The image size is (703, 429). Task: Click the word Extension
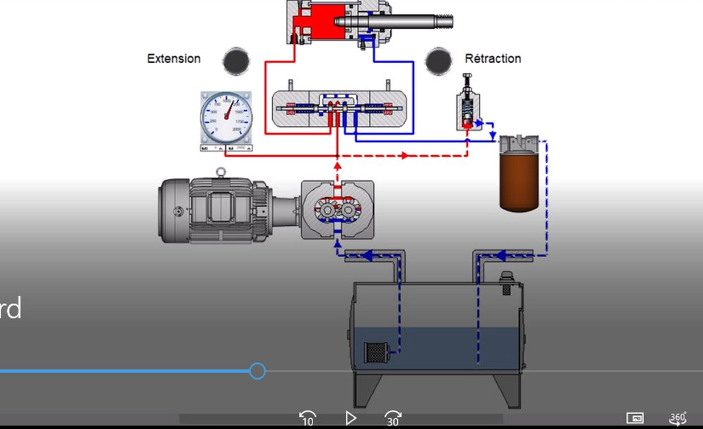(x=174, y=59)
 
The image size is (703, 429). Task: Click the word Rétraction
(x=493, y=59)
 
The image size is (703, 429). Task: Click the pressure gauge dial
(x=226, y=118)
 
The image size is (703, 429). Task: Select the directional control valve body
(x=339, y=108)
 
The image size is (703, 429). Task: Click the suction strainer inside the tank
(x=376, y=352)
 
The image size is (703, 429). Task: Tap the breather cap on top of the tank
(x=506, y=279)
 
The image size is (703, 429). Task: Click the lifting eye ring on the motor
(x=221, y=172)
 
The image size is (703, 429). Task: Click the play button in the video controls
(x=350, y=418)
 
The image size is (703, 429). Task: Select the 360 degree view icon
(x=678, y=418)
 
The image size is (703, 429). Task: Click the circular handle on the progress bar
(x=257, y=371)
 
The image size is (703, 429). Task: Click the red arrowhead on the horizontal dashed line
(x=404, y=156)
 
